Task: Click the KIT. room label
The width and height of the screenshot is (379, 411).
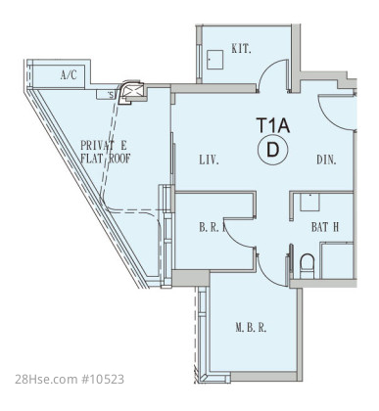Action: [x=241, y=49]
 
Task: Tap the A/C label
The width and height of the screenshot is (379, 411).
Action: [x=69, y=75]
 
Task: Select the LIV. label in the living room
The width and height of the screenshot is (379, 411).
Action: [x=209, y=160]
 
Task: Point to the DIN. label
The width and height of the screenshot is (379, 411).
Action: [x=326, y=160]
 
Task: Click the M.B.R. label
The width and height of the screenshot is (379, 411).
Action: [x=251, y=328]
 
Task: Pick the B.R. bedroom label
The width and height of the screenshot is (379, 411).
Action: [x=213, y=227]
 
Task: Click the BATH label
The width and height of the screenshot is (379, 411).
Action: [x=325, y=227]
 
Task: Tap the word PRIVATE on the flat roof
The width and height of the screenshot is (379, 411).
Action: [x=104, y=145]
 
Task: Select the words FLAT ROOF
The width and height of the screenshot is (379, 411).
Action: [x=106, y=159]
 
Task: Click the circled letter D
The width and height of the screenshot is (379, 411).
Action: [x=273, y=150]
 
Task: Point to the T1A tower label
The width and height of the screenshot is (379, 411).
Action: [x=273, y=125]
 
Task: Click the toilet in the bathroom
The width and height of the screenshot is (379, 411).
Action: [x=307, y=266]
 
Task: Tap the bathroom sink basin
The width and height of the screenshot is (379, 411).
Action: [x=309, y=203]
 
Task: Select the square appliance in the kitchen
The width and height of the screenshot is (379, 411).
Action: [x=214, y=60]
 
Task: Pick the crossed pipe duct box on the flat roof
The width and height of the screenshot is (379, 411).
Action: [x=134, y=91]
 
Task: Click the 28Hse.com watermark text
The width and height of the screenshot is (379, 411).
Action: [x=45, y=380]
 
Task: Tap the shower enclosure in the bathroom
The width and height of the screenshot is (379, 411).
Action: [x=337, y=260]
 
